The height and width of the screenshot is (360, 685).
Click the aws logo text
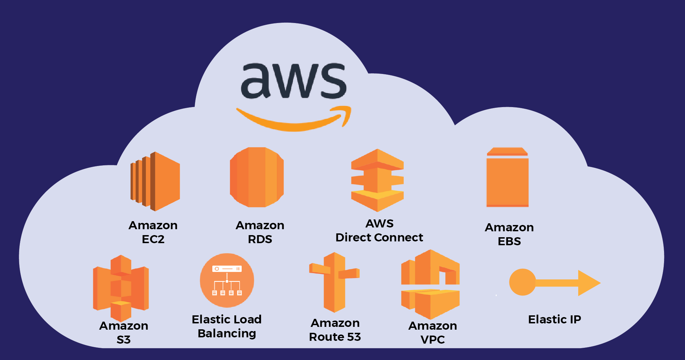(x=293, y=81)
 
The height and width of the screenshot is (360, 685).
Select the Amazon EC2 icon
(x=156, y=181)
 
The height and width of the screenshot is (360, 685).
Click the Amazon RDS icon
(x=256, y=177)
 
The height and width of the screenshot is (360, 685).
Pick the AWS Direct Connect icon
(x=377, y=180)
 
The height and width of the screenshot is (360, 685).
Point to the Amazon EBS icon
(x=507, y=178)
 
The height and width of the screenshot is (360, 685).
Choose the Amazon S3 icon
(x=121, y=288)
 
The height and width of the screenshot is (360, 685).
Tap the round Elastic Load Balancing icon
(x=227, y=280)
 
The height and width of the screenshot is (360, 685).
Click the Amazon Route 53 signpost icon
(x=334, y=282)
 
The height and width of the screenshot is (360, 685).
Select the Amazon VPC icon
(x=430, y=284)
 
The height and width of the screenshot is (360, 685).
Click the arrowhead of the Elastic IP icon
(x=589, y=283)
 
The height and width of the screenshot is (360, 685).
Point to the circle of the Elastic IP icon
(x=522, y=282)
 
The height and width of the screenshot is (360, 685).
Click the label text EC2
(x=153, y=239)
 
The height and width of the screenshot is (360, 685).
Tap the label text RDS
(x=260, y=239)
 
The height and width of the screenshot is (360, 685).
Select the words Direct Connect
(x=379, y=238)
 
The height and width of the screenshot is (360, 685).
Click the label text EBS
(x=509, y=241)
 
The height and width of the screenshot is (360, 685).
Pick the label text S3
(x=124, y=339)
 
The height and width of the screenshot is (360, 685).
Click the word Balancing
(x=227, y=333)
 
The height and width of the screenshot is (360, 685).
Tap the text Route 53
(x=335, y=337)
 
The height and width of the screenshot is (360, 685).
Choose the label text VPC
(x=433, y=339)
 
